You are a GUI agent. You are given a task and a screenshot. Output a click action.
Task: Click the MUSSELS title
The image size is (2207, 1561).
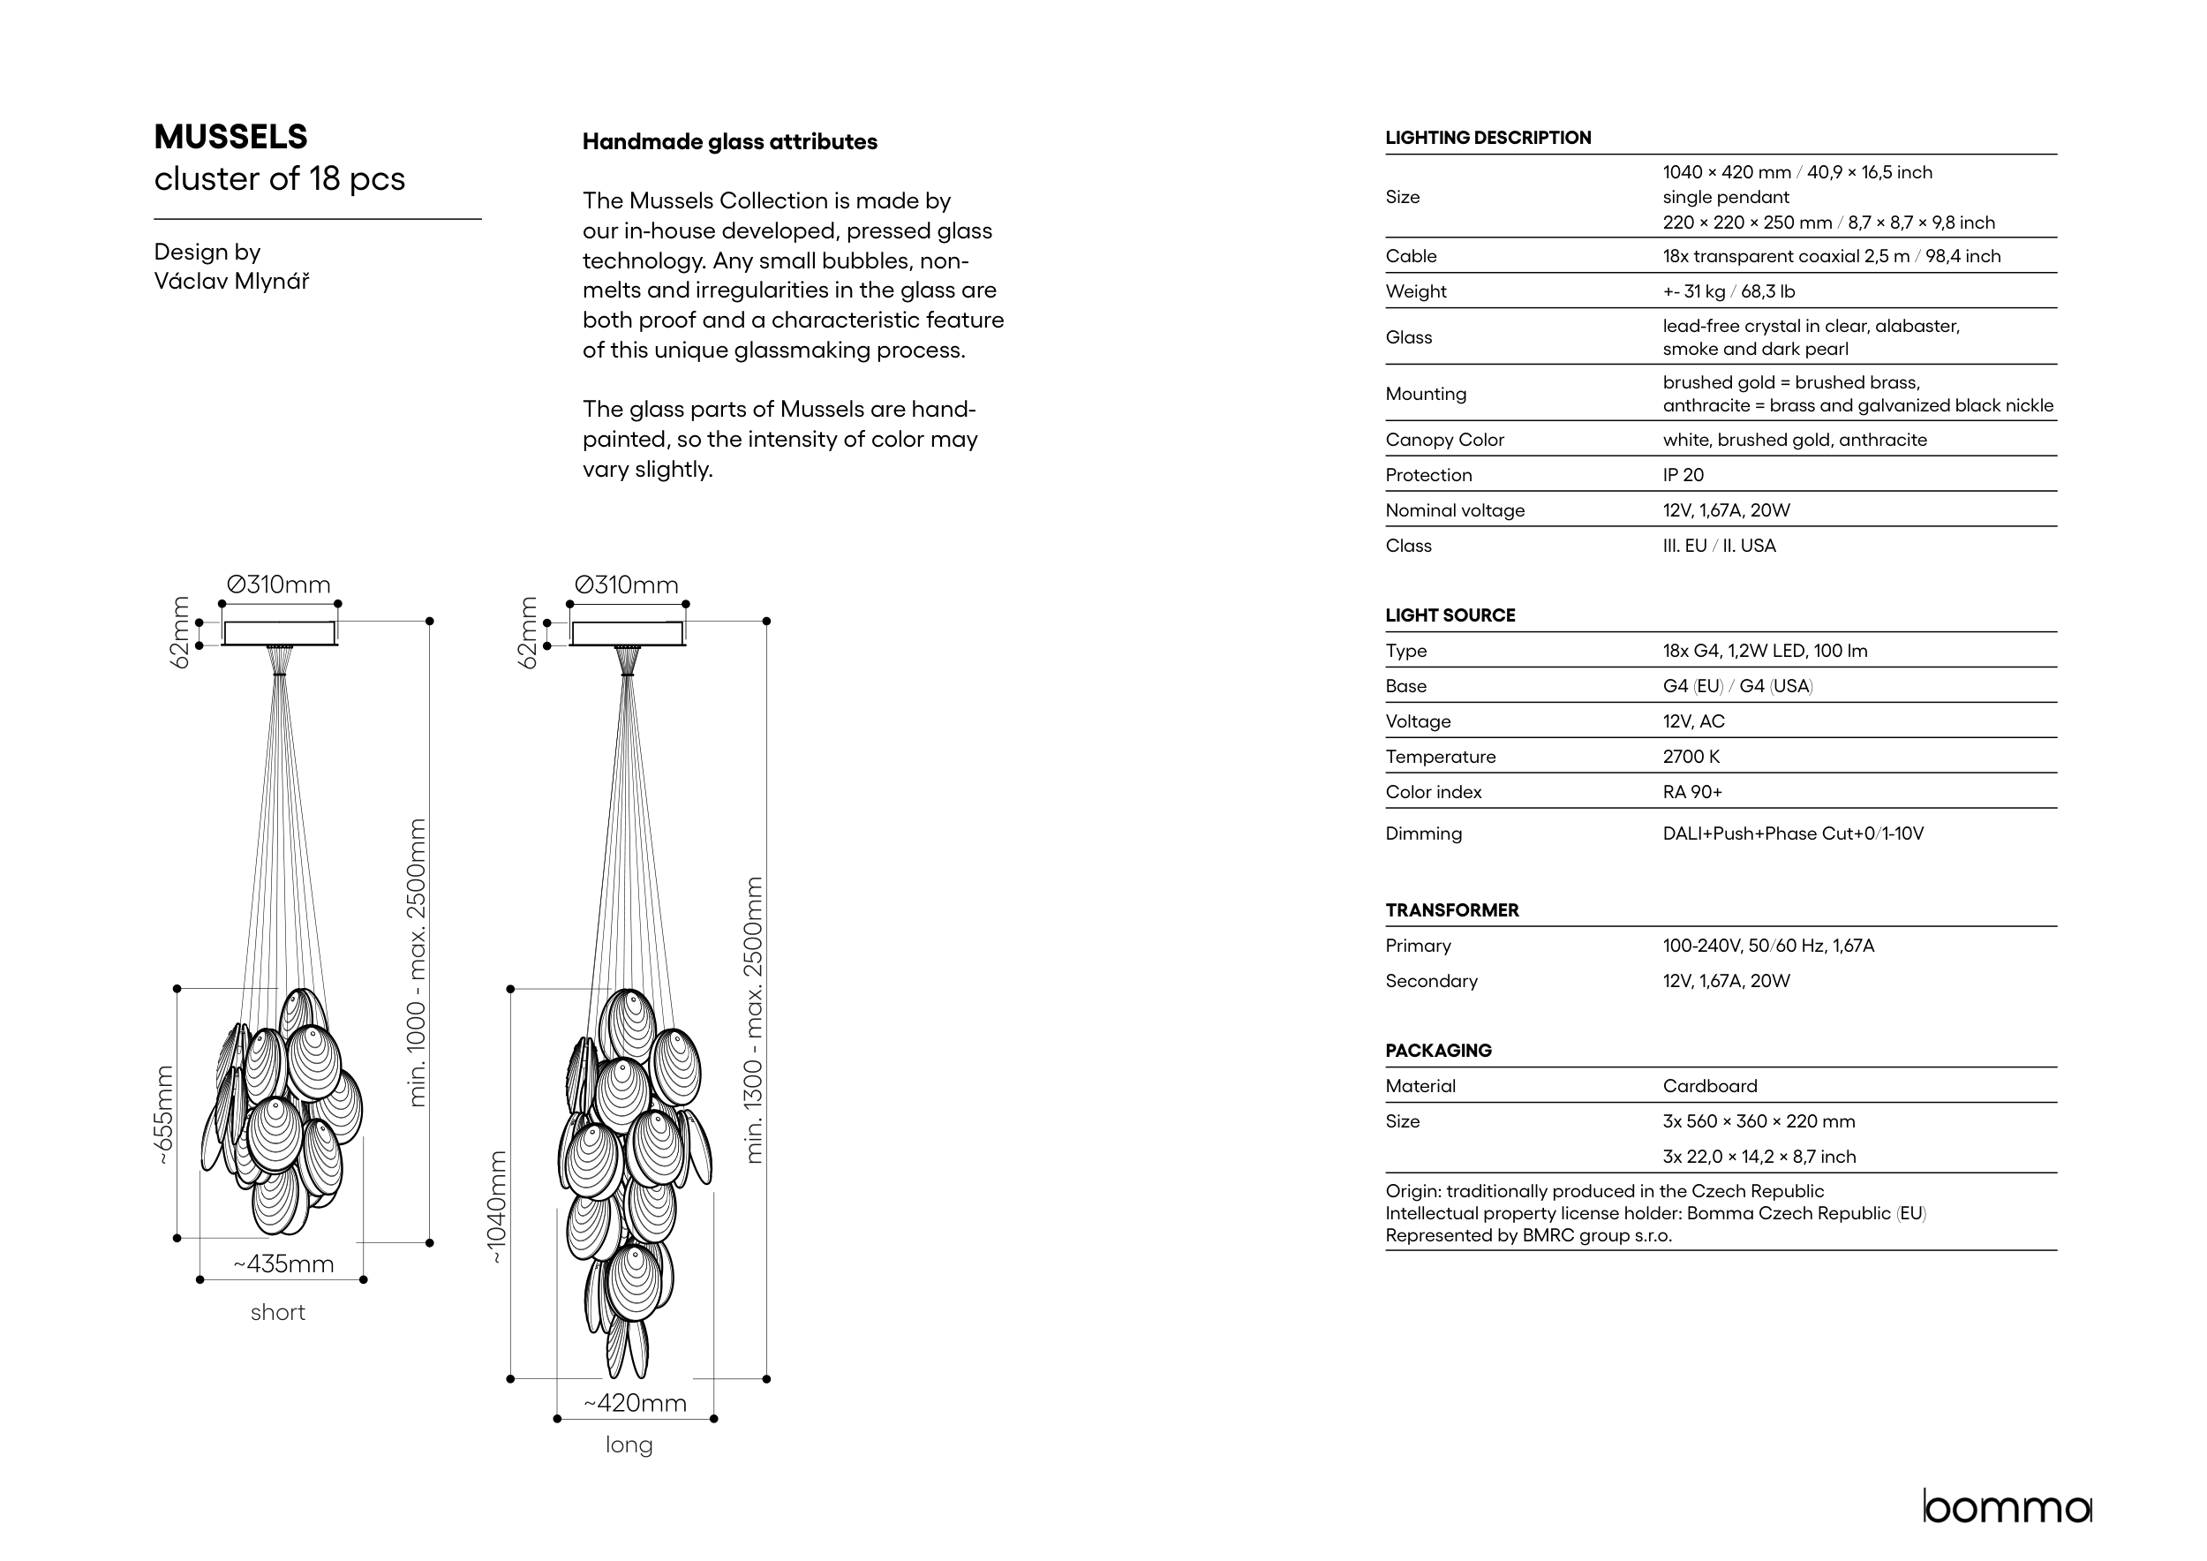(230, 138)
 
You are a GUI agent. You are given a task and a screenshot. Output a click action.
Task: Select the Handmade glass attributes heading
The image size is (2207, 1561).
(729, 142)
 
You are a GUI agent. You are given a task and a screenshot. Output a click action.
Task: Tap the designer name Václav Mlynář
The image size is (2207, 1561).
(231, 282)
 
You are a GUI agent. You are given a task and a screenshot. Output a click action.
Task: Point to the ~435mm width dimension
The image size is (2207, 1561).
(283, 1264)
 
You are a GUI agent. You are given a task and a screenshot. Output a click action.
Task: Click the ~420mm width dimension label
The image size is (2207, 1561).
(636, 1403)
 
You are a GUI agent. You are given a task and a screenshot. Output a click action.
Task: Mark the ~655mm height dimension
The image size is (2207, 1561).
(164, 1115)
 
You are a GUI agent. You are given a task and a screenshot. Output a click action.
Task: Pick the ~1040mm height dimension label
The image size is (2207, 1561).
(496, 1207)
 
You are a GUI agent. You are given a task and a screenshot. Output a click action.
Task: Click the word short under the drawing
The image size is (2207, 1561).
(278, 1313)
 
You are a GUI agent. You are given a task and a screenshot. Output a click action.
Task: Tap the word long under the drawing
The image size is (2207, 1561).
(629, 1444)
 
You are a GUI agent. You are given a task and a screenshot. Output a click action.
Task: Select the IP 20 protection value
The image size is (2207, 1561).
(1683, 475)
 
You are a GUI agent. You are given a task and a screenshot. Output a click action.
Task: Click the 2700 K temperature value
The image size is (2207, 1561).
(1691, 757)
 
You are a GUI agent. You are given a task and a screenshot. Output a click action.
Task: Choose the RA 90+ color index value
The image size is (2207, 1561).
(1691, 792)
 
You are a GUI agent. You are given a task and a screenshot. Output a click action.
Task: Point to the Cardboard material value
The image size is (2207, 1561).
(1709, 1086)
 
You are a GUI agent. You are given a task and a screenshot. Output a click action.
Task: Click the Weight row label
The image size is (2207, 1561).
(1416, 291)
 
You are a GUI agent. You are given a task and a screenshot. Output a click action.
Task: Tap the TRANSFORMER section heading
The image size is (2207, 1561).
(1451, 910)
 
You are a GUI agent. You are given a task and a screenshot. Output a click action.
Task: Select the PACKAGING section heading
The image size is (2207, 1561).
(1438, 1051)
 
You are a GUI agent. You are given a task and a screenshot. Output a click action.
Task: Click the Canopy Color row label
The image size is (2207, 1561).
(1443, 441)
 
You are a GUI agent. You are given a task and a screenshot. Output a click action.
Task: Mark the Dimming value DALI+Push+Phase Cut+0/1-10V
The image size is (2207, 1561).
(1793, 833)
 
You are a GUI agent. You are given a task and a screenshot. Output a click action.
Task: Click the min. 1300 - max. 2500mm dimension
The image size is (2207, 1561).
(755, 1020)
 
